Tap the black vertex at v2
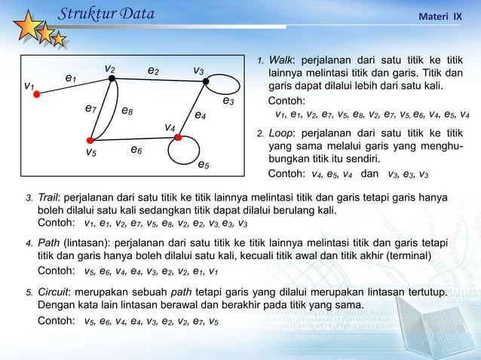(x=112, y=78)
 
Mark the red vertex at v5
(x=90, y=140)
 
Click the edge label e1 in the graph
(x=71, y=77)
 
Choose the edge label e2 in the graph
(x=153, y=71)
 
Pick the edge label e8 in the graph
(x=127, y=111)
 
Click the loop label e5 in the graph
(x=204, y=163)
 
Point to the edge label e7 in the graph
(x=90, y=109)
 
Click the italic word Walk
(x=281, y=59)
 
